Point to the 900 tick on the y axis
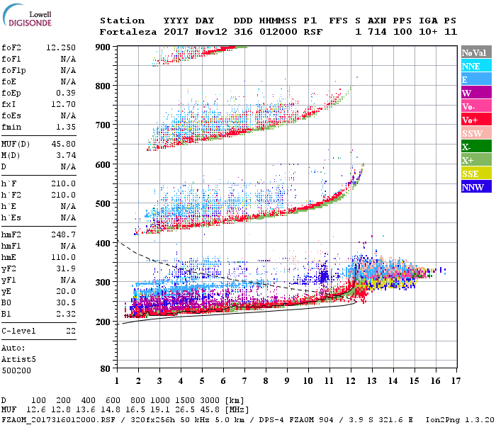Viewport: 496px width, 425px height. point(103,47)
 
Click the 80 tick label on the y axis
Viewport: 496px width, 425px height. point(105,369)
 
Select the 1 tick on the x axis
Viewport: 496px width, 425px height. point(115,380)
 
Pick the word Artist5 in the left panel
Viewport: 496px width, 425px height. point(19,359)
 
